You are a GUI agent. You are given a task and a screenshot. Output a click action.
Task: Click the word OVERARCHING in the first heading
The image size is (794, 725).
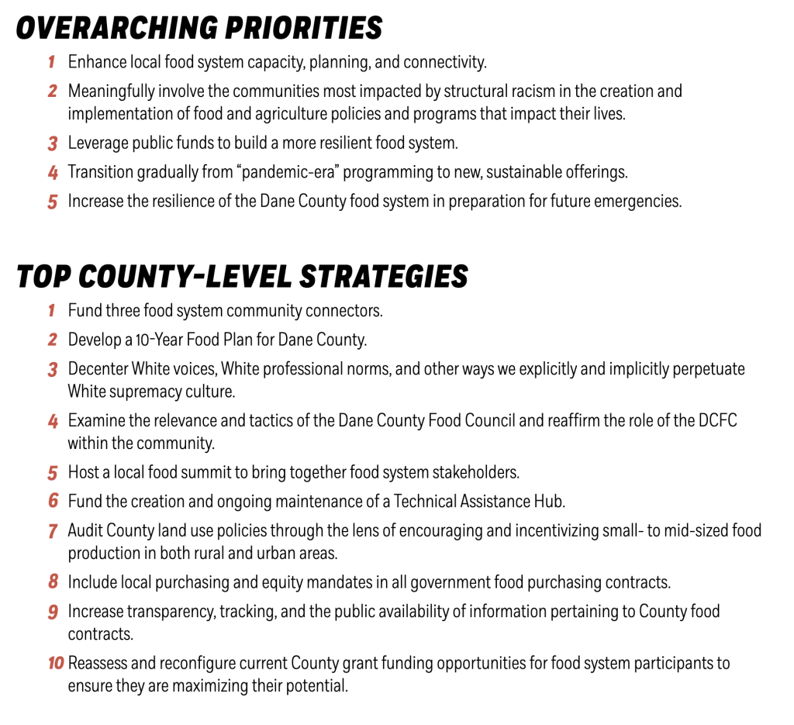(109, 29)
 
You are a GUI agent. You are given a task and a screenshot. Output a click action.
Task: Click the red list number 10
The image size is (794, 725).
(55, 664)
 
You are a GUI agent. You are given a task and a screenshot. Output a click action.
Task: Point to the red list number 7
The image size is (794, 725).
(53, 531)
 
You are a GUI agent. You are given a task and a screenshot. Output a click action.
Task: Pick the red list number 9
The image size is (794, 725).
(53, 612)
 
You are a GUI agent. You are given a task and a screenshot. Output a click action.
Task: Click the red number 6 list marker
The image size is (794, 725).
(53, 501)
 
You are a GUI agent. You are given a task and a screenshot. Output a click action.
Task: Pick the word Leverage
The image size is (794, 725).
(96, 143)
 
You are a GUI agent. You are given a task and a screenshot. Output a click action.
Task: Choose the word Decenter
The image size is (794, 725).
(98, 369)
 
